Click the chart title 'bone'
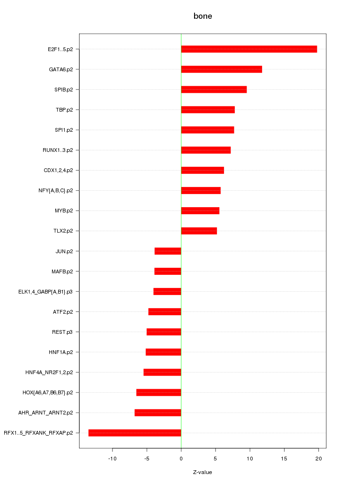202,16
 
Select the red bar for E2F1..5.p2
249,49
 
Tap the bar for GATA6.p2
221,69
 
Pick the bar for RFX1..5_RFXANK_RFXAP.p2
135,433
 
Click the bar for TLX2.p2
199,231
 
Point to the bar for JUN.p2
168,251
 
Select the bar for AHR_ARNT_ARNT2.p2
157,413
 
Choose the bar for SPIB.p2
214,90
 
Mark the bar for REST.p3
164,332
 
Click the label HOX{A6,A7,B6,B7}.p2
48,392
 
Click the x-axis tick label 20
318,458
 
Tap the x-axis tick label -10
112,458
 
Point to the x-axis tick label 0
181,458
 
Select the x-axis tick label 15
284,458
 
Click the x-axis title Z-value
202,472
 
